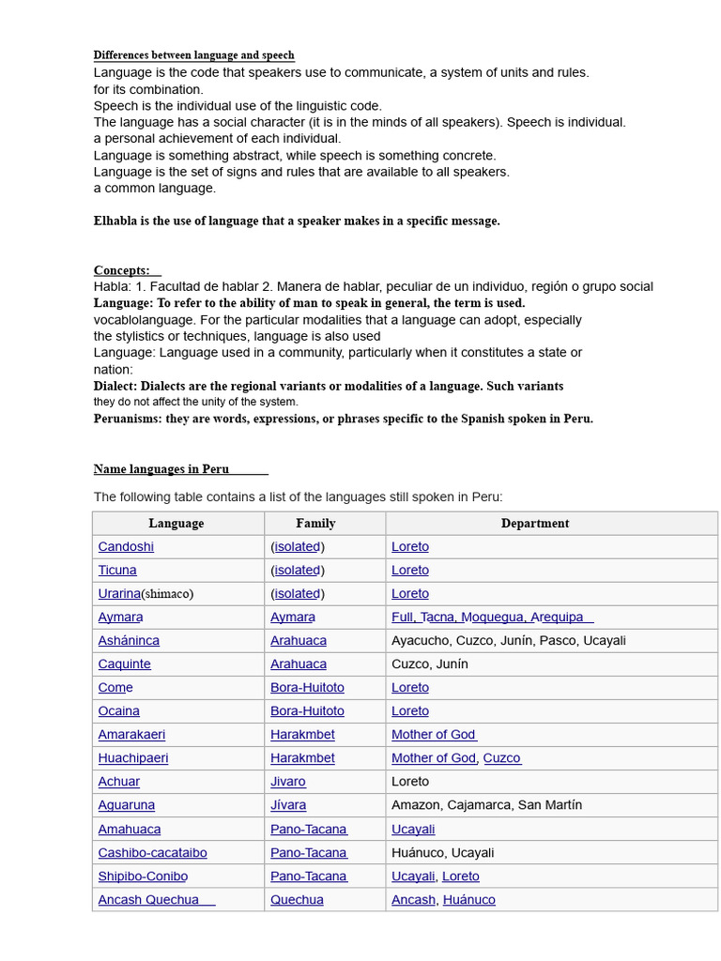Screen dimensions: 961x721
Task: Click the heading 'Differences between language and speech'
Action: point(193,55)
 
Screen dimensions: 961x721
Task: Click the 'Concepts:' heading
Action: point(122,270)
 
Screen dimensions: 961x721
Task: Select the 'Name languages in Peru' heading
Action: point(161,469)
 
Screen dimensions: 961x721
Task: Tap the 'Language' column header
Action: point(176,524)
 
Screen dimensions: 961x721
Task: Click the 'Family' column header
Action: point(315,524)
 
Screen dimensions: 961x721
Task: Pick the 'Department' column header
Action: point(535,524)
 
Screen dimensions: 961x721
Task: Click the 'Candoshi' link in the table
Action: point(126,547)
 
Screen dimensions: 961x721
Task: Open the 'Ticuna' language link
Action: point(117,571)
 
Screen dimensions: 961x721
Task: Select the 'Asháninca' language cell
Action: point(129,641)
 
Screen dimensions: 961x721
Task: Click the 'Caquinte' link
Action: point(124,664)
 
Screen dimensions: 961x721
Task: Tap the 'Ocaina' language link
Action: point(118,711)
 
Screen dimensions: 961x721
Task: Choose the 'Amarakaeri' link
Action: point(131,735)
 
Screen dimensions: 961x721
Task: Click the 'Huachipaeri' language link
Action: point(133,758)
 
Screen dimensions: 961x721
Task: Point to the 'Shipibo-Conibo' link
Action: point(143,877)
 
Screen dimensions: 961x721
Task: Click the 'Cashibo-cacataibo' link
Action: point(152,853)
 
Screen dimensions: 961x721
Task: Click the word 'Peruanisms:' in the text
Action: point(128,419)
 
